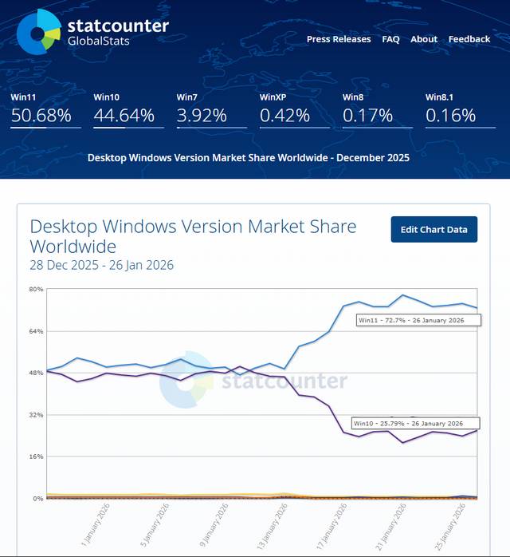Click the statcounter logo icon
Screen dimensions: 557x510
[38, 32]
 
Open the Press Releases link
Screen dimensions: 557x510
[339, 39]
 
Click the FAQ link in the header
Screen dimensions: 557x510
[390, 39]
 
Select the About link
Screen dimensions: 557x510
[424, 39]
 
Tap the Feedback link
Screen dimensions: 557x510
[469, 39]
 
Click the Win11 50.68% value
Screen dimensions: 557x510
[41, 116]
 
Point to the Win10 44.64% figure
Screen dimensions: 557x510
[124, 116]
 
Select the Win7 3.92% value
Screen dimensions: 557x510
[201, 116]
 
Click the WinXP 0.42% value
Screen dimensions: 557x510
[284, 116]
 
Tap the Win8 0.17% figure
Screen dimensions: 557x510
[367, 116]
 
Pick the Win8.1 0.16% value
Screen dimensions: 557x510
[449, 116]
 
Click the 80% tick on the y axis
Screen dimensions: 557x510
[36, 289]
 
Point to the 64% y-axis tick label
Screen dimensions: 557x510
[36, 331]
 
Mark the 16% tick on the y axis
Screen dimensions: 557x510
[36, 456]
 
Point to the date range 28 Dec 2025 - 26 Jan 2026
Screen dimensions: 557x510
[101, 265]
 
